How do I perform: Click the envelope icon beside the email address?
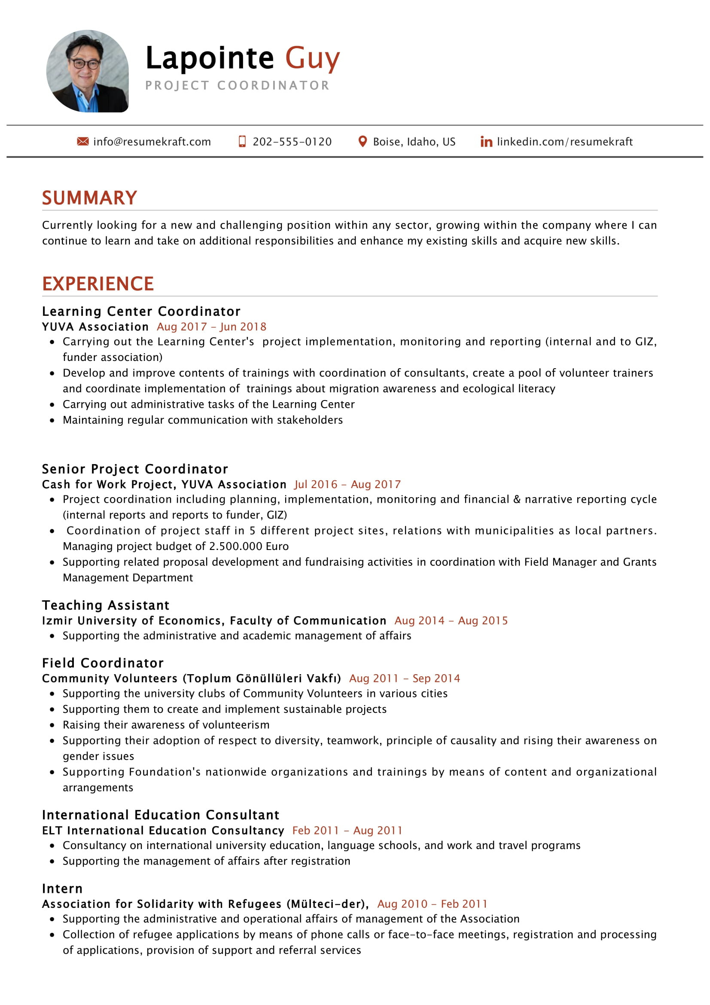82,141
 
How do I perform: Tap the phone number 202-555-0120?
292,142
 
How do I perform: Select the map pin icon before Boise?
362,141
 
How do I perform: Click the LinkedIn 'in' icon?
486,141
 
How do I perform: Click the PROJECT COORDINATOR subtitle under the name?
237,86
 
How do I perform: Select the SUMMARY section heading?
90,198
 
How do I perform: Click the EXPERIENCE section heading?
98,284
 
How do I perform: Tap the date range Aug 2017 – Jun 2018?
211,327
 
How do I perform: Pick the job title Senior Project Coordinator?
135,469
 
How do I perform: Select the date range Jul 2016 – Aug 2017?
347,484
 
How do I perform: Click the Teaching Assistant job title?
105,605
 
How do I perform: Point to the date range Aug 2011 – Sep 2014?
404,678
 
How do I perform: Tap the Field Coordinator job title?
103,663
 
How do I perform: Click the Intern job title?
62,889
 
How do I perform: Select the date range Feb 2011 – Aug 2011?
347,831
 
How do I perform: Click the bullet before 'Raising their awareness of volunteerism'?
52,725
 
